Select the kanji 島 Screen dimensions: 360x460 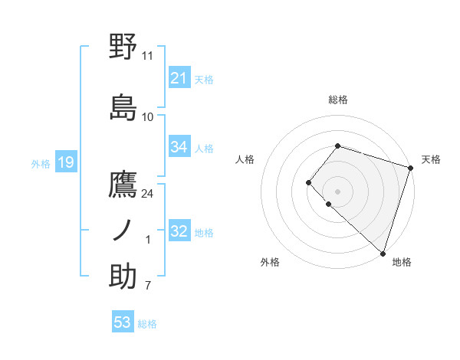click(x=123, y=107)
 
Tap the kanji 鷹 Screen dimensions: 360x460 click(x=123, y=185)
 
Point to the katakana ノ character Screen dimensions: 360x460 click(x=123, y=230)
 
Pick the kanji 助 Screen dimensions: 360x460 click(x=123, y=277)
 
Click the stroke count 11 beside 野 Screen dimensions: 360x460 click(x=148, y=56)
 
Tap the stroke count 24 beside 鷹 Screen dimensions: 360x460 click(x=148, y=193)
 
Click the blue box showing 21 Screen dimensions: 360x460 click(x=179, y=78)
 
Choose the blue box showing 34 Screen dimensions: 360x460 click(x=179, y=147)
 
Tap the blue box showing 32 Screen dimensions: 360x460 click(x=179, y=232)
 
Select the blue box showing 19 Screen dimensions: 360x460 click(x=65, y=162)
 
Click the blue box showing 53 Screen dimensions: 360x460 click(x=123, y=323)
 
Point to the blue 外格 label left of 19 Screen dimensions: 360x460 click(x=41, y=163)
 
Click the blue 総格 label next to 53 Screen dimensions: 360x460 click(x=147, y=324)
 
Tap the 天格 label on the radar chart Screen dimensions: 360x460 click(x=431, y=159)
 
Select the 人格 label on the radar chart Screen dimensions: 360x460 click(x=245, y=159)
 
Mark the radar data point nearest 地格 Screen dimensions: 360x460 click(x=383, y=253)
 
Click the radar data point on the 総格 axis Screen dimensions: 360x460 click(x=337, y=146)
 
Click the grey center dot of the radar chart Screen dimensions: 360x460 click(x=337, y=191)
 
